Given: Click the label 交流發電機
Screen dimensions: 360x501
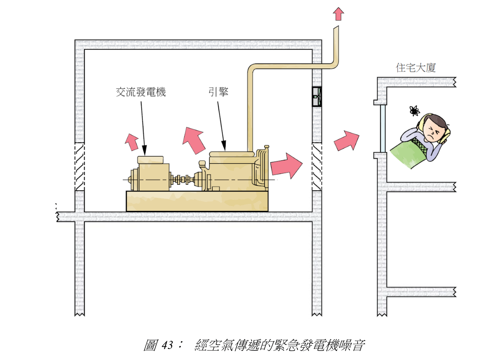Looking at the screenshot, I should click(x=140, y=92).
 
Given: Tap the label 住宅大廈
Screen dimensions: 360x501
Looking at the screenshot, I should click(x=415, y=68).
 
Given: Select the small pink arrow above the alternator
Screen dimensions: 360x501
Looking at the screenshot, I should click(x=131, y=141).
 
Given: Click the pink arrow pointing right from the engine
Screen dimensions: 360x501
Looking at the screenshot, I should click(x=286, y=165).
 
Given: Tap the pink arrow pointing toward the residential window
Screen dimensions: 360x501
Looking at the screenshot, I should click(x=346, y=141).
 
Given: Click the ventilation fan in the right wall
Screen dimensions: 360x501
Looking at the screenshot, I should click(x=316, y=97).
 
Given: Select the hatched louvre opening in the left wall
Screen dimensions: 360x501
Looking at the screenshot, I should click(x=80, y=166).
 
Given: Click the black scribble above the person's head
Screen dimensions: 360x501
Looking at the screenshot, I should click(x=414, y=111).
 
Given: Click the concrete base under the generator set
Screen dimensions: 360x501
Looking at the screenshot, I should click(x=197, y=201).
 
